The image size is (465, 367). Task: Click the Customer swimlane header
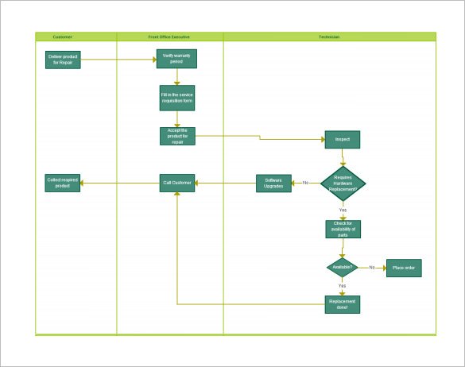[x=62, y=37]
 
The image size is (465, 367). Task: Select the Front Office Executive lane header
[x=169, y=37]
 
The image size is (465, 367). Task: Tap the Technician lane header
[x=329, y=37]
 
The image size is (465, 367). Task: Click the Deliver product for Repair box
[x=63, y=60]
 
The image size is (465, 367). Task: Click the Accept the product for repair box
[x=177, y=136]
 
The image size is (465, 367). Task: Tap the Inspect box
[x=343, y=140]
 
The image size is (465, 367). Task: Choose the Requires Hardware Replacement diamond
[x=343, y=183]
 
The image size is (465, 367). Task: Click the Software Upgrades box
[x=273, y=183]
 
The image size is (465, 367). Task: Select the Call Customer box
[x=177, y=183]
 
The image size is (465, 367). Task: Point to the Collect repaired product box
[x=63, y=183]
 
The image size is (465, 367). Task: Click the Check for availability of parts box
[x=343, y=229]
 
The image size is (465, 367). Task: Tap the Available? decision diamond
[x=343, y=268]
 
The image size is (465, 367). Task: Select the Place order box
[x=404, y=268]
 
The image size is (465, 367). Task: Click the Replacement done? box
[x=343, y=304]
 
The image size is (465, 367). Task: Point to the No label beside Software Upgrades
[x=305, y=183]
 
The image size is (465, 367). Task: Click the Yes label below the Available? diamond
[x=342, y=285]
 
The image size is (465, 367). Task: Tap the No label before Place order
[x=371, y=268]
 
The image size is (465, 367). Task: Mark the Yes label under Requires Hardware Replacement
[x=343, y=210]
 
